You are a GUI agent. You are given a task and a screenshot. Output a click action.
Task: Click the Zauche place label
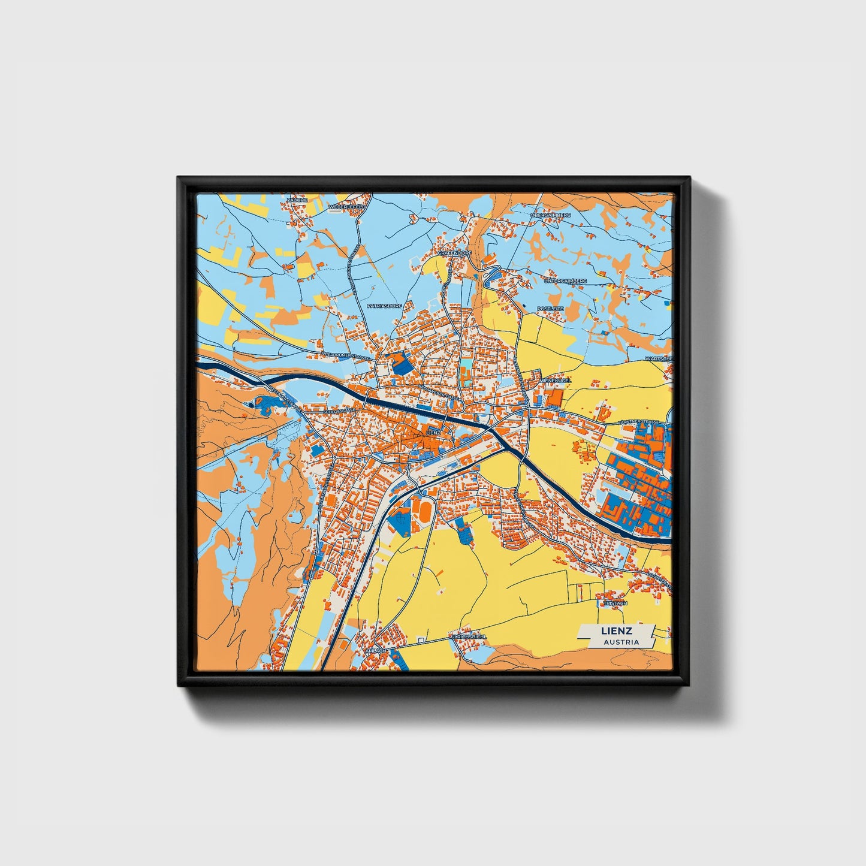pos(297,200)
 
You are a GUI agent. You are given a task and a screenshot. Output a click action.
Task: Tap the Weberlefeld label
pos(346,207)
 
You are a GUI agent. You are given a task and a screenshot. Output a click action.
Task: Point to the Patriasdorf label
pos(384,306)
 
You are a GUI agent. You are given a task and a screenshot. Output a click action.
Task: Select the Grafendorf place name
pos(454,253)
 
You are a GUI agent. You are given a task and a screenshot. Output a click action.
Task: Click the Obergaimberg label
pos(550,215)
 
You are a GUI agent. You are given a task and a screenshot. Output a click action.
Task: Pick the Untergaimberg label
pos(565,280)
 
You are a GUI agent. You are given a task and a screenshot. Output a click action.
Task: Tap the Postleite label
pos(550,309)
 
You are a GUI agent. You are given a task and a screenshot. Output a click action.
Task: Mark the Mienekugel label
pos(556,380)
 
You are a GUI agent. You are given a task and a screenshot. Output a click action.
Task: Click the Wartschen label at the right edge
pos(659,358)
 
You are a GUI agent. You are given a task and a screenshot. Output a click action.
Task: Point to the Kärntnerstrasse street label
pos(642,422)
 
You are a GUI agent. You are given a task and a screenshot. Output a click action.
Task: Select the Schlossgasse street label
pos(337,412)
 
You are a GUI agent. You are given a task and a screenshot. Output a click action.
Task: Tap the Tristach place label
pos(614,603)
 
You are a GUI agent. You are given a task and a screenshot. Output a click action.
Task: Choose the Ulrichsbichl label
pos(469,636)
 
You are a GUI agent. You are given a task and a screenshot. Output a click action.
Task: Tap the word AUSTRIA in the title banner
pos(621,642)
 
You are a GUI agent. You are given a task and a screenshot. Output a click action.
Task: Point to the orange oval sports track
pos(424,511)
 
